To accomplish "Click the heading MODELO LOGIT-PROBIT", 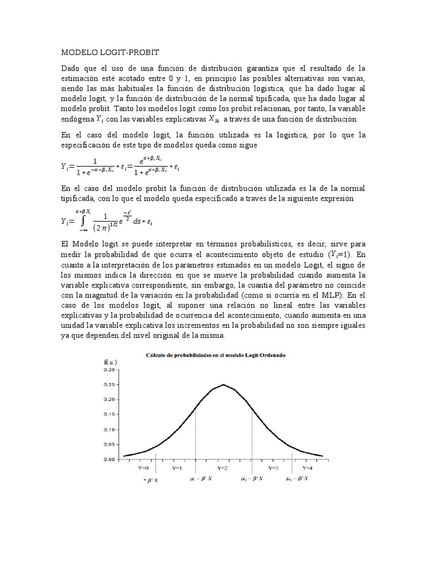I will [x=110, y=52].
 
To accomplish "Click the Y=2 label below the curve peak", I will [x=222, y=468].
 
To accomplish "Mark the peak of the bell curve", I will [x=224, y=385].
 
